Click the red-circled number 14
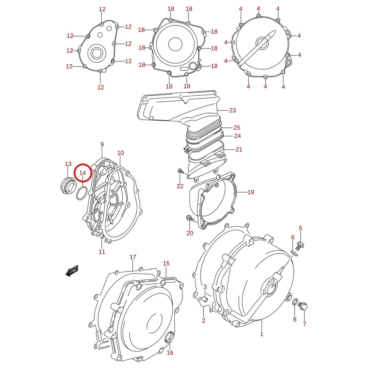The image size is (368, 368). (x=83, y=173)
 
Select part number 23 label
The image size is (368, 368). (x=232, y=110)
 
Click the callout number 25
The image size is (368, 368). (x=237, y=127)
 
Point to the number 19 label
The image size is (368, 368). (x=251, y=192)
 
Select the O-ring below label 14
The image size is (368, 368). (x=82, y=193)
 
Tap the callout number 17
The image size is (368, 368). (x=133, y=257)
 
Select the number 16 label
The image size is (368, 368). (x=170, y=352)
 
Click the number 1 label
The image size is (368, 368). (x=262, y=334)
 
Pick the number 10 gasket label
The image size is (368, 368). (x=120, y=153)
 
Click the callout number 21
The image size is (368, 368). (x=239, y=149)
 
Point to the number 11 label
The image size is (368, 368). (x=102, y=252)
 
